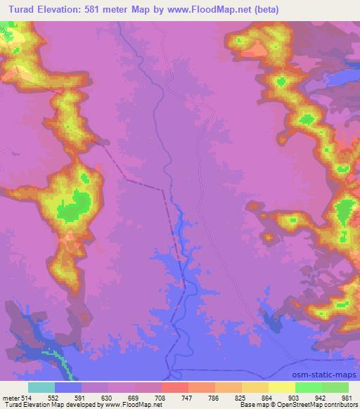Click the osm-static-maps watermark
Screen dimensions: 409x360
[323, 372]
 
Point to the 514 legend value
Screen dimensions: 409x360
[27, 397]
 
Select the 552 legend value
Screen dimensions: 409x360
[54, 397]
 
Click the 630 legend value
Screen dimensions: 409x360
[108, 397]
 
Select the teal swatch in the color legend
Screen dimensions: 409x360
[41, 387]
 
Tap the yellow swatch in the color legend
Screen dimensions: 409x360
[281, 387]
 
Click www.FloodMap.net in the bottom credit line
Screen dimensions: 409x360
[138, 405]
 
